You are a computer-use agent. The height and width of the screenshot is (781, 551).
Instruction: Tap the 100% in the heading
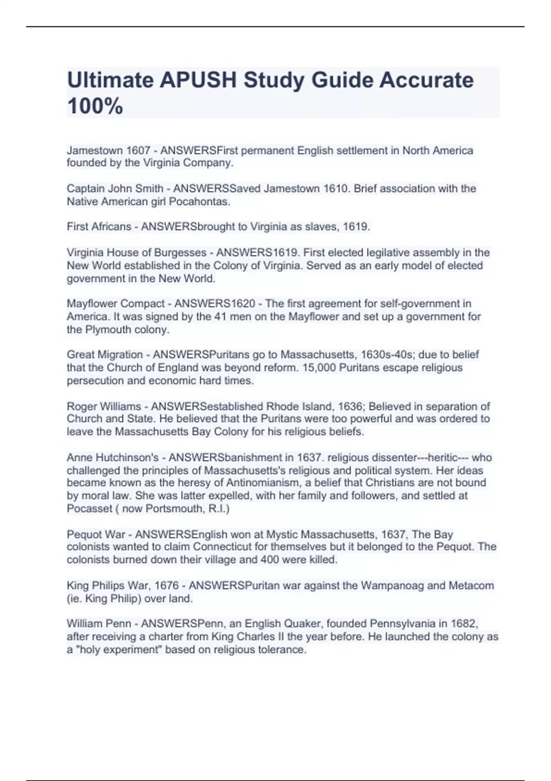[95, 106]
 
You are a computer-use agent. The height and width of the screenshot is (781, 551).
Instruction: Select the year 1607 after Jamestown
[138, 151]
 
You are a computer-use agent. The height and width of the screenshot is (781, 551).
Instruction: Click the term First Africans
[99, 227]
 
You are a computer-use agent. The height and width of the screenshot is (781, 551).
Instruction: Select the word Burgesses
[180, 253]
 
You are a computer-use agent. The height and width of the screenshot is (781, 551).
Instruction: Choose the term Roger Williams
[104, 407]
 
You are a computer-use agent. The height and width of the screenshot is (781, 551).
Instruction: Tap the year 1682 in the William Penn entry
[463, 624]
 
